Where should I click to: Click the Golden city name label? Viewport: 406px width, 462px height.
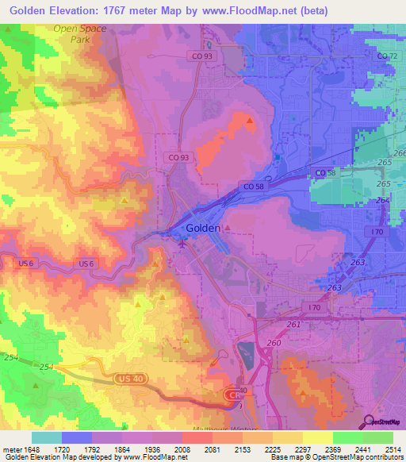pos(204,228)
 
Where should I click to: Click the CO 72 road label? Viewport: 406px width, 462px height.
pos(387,56)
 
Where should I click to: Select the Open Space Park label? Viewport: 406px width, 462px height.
pos(80,33)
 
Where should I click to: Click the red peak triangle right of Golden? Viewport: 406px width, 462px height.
pos(228,229)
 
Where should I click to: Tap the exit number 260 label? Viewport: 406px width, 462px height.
pos(274,342)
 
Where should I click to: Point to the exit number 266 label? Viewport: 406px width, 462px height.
pos(399,153)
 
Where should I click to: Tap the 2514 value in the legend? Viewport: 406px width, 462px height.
pos(391,449)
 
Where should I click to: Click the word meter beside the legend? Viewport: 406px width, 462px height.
pos(10,449)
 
